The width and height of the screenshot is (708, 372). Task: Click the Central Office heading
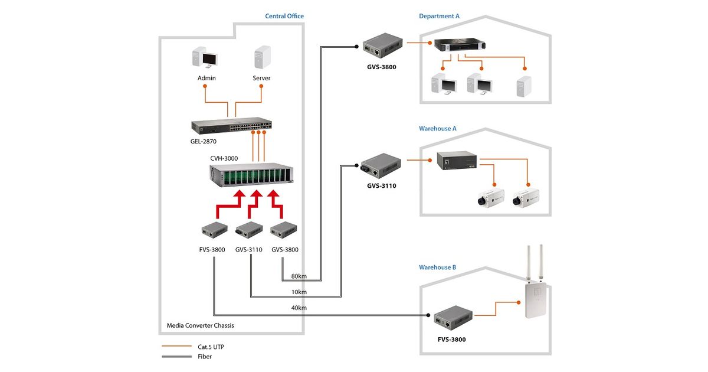(x=284, y=16)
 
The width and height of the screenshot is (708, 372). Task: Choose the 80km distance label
(x=299, y=276)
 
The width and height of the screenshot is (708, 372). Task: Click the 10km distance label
(x=299, y=292)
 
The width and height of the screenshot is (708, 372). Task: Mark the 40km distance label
(x=299, y=308)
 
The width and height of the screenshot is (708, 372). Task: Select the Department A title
(x=439, y=16)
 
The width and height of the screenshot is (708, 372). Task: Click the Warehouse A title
(x=438, y=128)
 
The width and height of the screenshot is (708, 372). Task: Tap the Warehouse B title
(x=438, y=267)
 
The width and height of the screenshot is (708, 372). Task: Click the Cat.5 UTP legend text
(x=211, y=347)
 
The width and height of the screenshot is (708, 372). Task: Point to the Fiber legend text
(x=205, y=357)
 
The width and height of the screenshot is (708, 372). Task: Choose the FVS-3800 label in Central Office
(x=212, y=250)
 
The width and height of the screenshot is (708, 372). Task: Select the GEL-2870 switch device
(x=231, y=125)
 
